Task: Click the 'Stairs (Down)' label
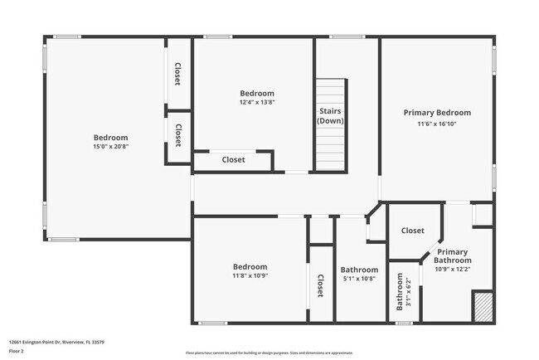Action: (x=332, y=115)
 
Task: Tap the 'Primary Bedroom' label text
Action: (x=437, y=113)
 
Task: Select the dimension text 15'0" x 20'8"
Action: (x=110, y=147)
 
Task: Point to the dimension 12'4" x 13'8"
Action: (x=256, y=103)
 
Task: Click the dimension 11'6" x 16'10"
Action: (x=437, y=124)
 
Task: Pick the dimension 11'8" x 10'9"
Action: (x=250, y=276)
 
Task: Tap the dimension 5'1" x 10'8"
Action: (x=359, y=280)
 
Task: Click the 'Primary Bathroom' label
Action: (x=452, y=256)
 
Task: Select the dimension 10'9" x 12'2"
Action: (x=452, y=269)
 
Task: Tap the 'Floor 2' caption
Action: (x=17, y=351)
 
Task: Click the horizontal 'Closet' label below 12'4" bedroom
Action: (x=233, y=160)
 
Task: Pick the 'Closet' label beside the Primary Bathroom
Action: (x=412, y=231)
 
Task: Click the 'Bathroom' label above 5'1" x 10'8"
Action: (x=359, y=270)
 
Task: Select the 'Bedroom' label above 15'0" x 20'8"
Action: (x=110, y=137)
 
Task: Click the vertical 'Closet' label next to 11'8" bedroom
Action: (x=320, y=286)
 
